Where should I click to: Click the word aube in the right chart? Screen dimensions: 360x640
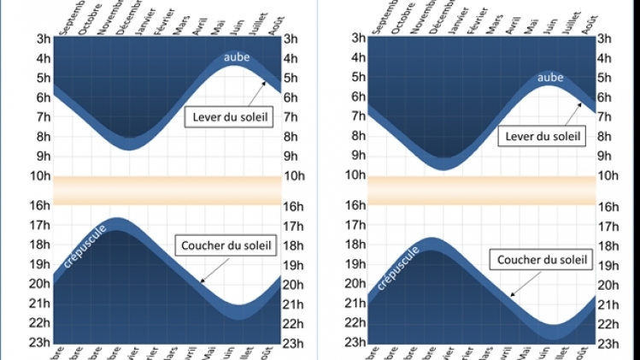click(550, 78)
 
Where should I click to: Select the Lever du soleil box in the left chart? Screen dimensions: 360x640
click(228, 117)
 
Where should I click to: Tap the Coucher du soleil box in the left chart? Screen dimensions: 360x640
click(226, 246)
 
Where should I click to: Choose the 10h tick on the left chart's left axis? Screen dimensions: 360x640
click(37, 176)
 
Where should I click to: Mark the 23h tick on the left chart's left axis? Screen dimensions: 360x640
click(37, 343)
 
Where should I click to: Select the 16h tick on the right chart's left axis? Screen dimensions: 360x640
click(355, 206)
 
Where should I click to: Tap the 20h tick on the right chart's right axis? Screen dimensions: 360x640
click(605, 285)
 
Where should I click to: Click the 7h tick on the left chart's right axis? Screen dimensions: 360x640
click(291, 117)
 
